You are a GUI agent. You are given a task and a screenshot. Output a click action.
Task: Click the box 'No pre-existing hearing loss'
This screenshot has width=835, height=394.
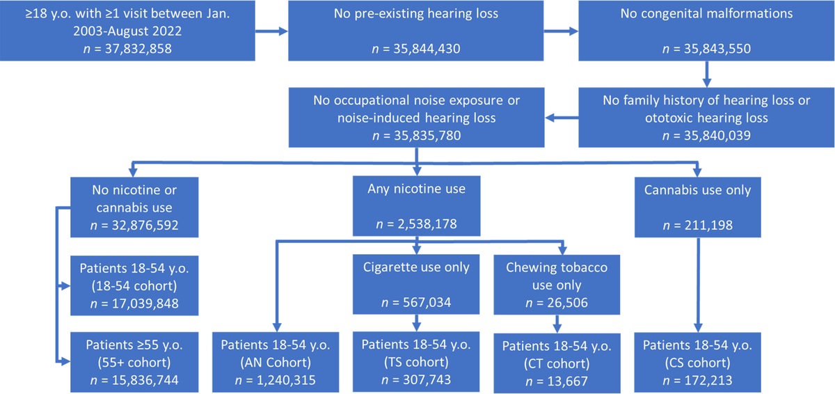[416, 31]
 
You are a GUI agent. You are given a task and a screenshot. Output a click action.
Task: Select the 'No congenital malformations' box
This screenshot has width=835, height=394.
[706, 31]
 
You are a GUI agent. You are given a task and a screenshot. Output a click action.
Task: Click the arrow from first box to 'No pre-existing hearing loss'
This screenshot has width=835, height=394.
[271, 31]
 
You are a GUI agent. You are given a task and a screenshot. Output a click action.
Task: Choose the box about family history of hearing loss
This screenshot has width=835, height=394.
[706, 118]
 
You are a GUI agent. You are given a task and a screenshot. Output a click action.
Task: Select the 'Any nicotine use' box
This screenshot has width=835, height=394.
[416, 206]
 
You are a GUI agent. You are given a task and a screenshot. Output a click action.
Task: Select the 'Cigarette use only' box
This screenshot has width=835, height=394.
[416, 285]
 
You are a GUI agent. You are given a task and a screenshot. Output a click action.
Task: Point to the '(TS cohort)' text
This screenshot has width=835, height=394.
[416, 363]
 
